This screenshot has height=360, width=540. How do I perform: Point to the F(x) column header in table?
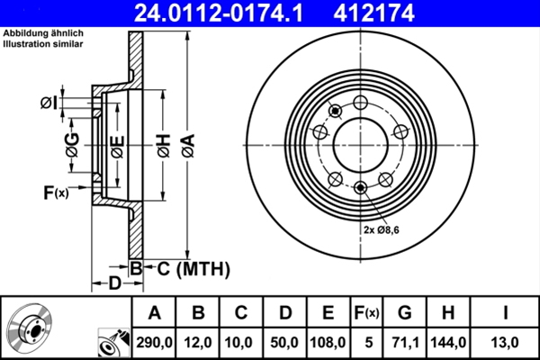[x=366, y=313]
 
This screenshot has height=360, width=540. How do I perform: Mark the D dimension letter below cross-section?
[x=115, y=283]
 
